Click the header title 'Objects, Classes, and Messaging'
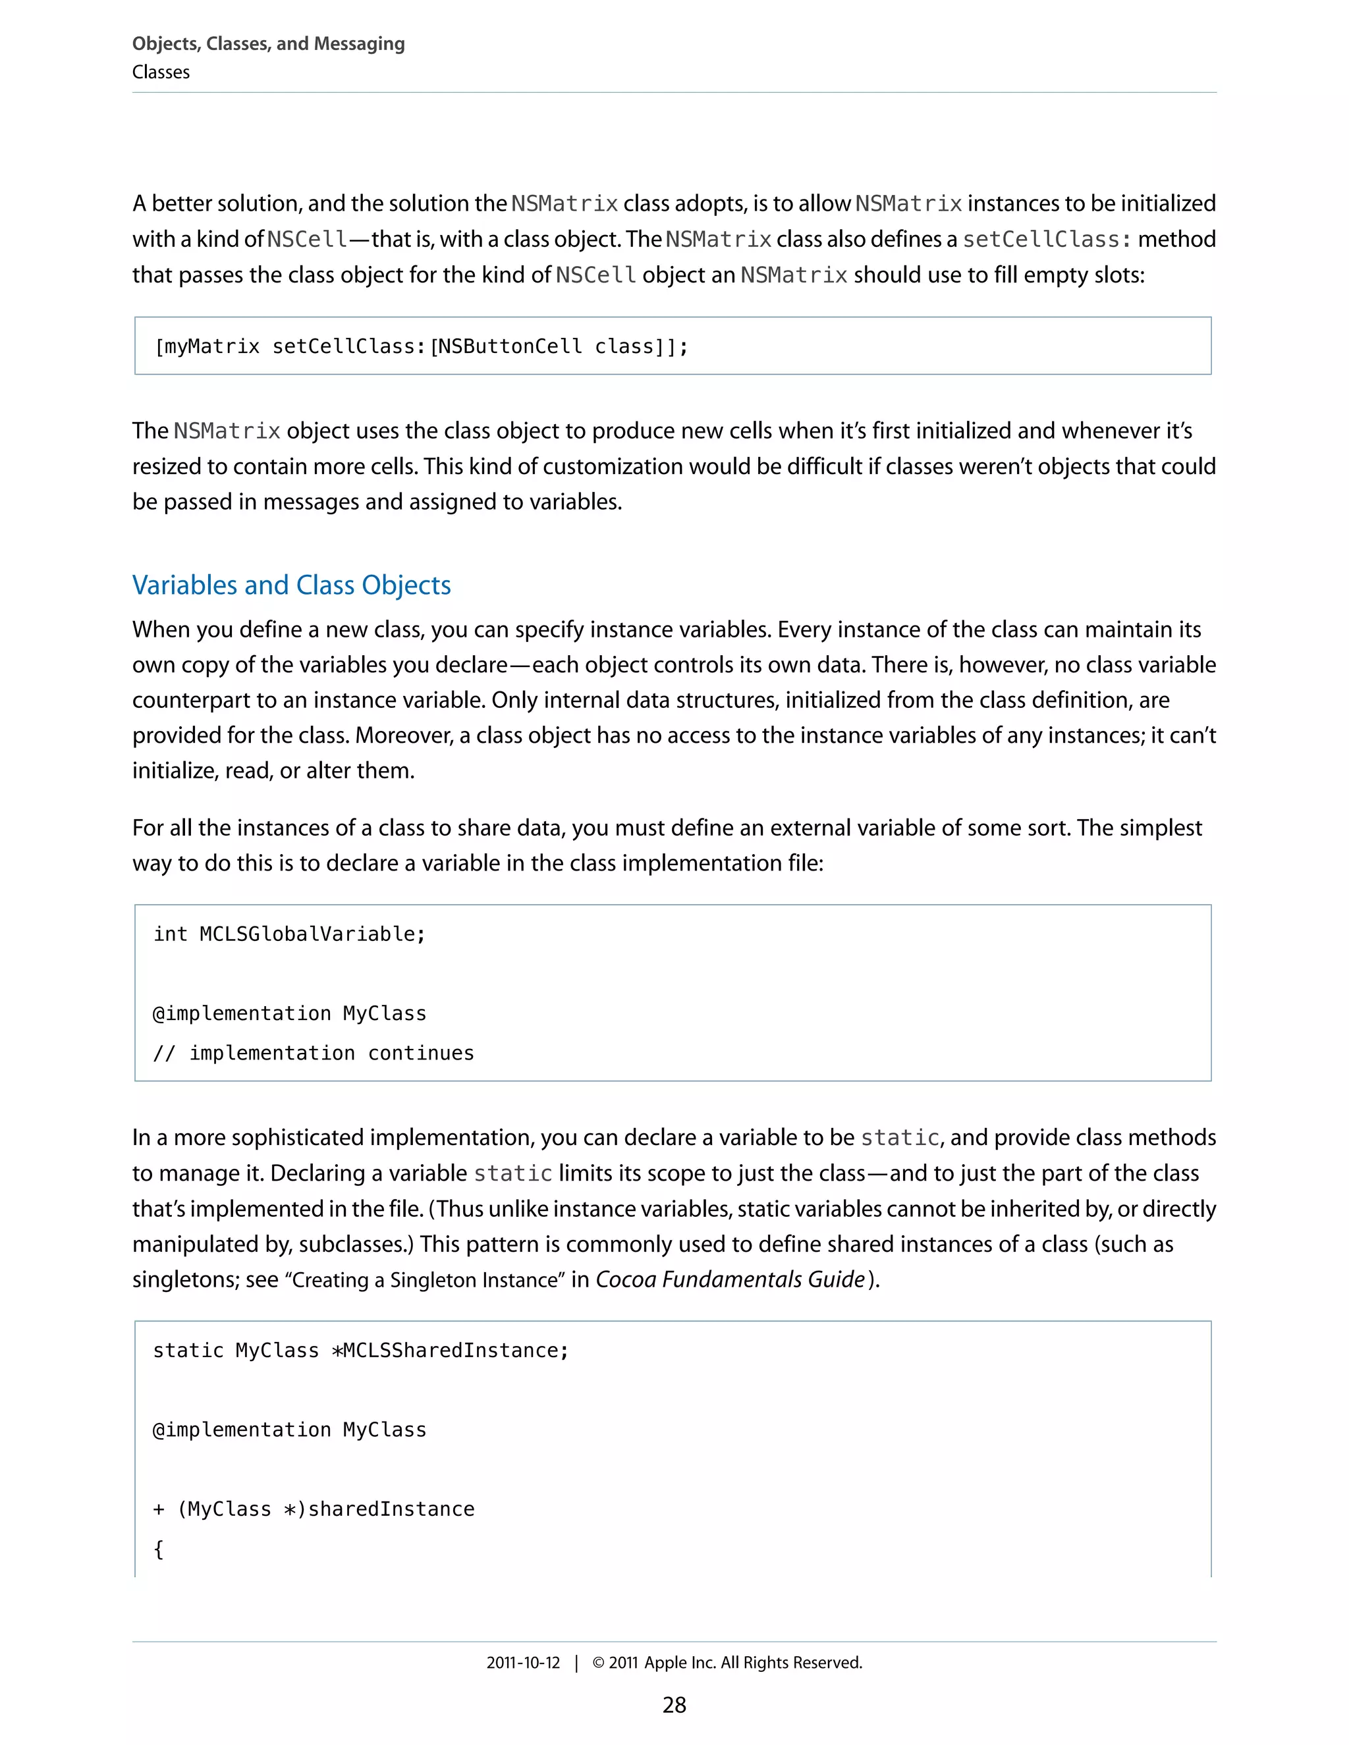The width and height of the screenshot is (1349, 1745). [269, 44]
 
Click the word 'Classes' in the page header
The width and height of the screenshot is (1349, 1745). [161, 72]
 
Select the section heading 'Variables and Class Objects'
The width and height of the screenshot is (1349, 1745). [292, 585]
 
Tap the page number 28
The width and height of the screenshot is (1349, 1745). [674, 1705]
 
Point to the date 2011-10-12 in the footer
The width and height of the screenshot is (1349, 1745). [524, 1663]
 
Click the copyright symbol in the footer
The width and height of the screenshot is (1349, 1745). [598, 1663]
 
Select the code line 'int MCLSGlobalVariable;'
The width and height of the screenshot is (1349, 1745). [289, 934]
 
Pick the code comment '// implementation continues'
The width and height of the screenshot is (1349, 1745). [314, 1053]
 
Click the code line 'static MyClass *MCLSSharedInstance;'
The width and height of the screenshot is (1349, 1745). [360, 1351]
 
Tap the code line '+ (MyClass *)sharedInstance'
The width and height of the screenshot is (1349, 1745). [314, 1509]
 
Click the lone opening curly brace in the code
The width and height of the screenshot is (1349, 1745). [158, 1549]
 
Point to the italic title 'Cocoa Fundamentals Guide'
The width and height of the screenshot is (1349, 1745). [730, 1280]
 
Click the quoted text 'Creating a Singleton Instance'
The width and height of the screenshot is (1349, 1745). [425, 1281]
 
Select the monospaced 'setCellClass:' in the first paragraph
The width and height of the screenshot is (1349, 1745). [1047, 240]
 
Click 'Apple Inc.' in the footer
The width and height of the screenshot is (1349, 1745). [680, 1663]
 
